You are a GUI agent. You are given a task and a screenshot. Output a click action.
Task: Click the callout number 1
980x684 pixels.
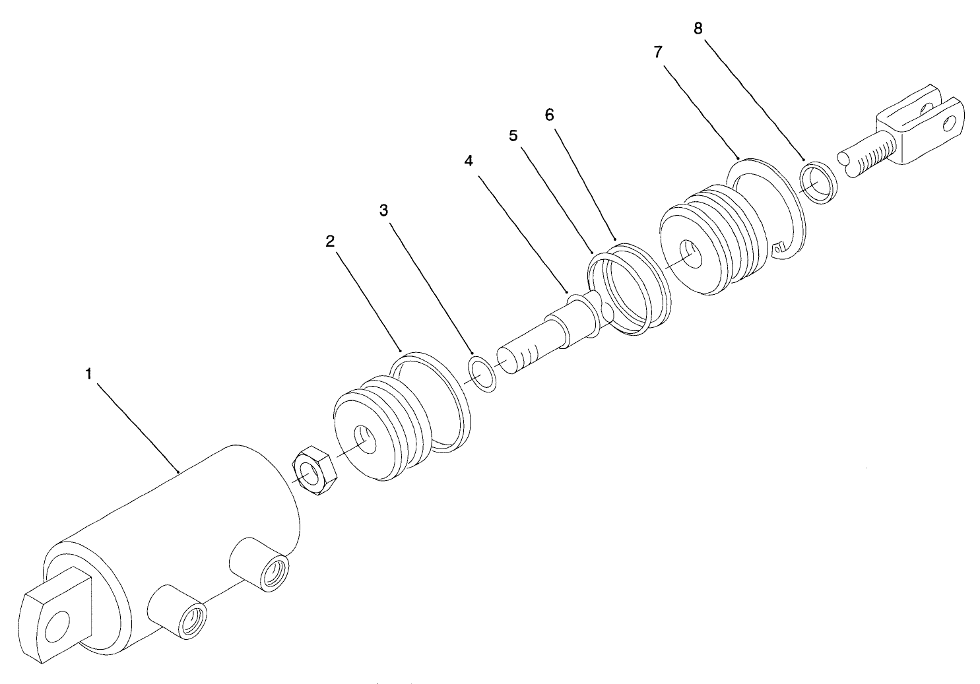tap(88, 374)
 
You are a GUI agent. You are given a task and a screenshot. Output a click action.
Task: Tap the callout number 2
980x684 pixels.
tap(330, 241)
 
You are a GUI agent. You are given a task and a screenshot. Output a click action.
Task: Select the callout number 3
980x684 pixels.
tap(383, 210)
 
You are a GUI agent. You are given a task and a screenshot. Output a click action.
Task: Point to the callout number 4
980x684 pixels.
tap(469, 161)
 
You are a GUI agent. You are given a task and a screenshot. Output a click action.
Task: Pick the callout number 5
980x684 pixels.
tap(513, 135)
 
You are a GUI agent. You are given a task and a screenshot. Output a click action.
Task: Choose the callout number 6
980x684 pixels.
tap(549, 114)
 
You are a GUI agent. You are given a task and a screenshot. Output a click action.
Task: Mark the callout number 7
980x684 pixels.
tap(658, 53)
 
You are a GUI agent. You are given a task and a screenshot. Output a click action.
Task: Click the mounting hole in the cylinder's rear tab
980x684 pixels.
tap(59, 624)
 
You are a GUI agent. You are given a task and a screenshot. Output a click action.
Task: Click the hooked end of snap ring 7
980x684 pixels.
tap(779, 249)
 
